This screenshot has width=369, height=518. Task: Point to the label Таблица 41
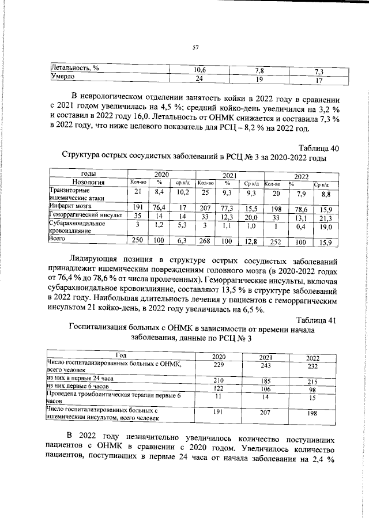[315, 320]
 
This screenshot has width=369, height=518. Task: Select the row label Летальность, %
[76, 69]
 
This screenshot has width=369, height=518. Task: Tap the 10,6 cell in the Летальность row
[200, 70]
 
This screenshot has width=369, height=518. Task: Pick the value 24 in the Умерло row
[200, 78]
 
